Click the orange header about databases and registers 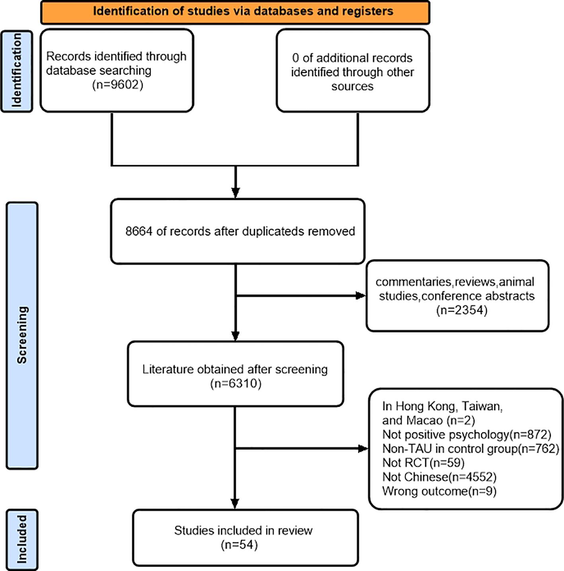point(235,12)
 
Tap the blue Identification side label point(17,71)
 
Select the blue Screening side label point(22,335)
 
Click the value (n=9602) point(117,85)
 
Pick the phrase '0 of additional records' point(352,58)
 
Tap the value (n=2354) point(462,310)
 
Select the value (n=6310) point(236,383)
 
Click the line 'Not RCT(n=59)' point(423,463)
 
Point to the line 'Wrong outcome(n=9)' point(439,491)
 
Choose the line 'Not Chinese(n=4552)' point(439,477)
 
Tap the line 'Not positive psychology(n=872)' point(466,434)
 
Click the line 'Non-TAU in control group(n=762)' point(471,449)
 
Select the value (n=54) point(239,545)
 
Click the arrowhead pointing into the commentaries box point(361,295)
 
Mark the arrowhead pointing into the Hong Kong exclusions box point(363,449)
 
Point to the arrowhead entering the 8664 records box point(236,193)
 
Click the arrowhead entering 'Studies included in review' point(235,503)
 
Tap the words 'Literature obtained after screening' point(235,370)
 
